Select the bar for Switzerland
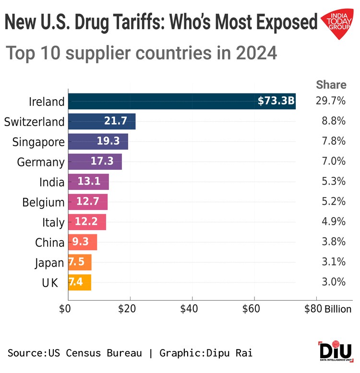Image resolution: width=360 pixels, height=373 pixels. [102, 121]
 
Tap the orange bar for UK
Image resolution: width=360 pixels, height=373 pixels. [80, 282]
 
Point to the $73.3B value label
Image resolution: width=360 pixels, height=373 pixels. [276, 102]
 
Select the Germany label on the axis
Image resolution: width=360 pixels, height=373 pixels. [40, 162]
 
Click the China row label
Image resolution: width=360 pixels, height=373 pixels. [49, 243]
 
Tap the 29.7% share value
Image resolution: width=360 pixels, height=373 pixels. [331, 102]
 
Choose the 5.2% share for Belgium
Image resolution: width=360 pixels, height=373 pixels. [334, 202]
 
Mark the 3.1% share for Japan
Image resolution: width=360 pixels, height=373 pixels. [334, 262]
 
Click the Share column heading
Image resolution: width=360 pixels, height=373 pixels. [331, 85]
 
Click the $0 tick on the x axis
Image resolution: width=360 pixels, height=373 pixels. [65, 309]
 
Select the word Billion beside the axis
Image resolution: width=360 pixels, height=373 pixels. [338, 309]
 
